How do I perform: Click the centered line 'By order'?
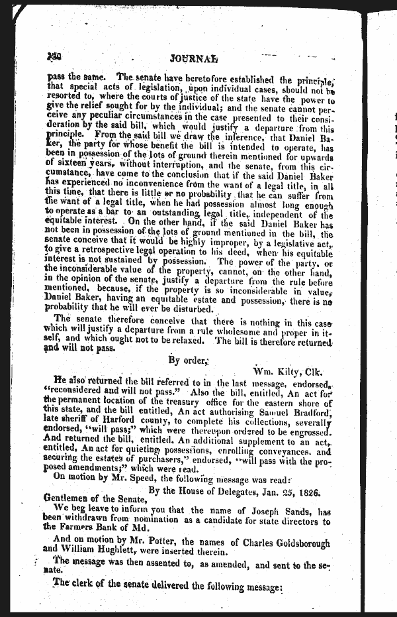click(189, 360)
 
